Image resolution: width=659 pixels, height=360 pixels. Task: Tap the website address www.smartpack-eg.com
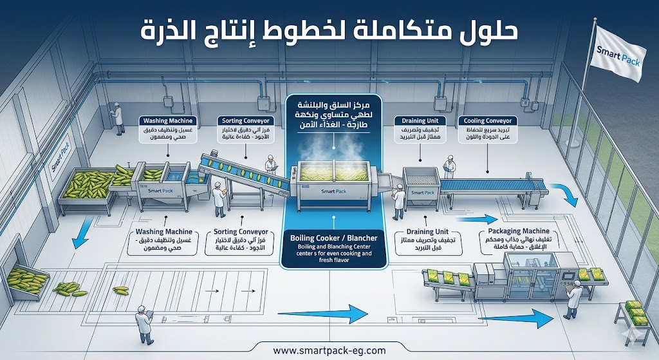tap(329, 350)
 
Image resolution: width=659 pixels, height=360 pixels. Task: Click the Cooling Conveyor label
tap(487, 121)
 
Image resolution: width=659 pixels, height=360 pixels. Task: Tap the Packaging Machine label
tap(519, 231)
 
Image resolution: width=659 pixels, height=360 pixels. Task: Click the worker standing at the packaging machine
tap(573, 299)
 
